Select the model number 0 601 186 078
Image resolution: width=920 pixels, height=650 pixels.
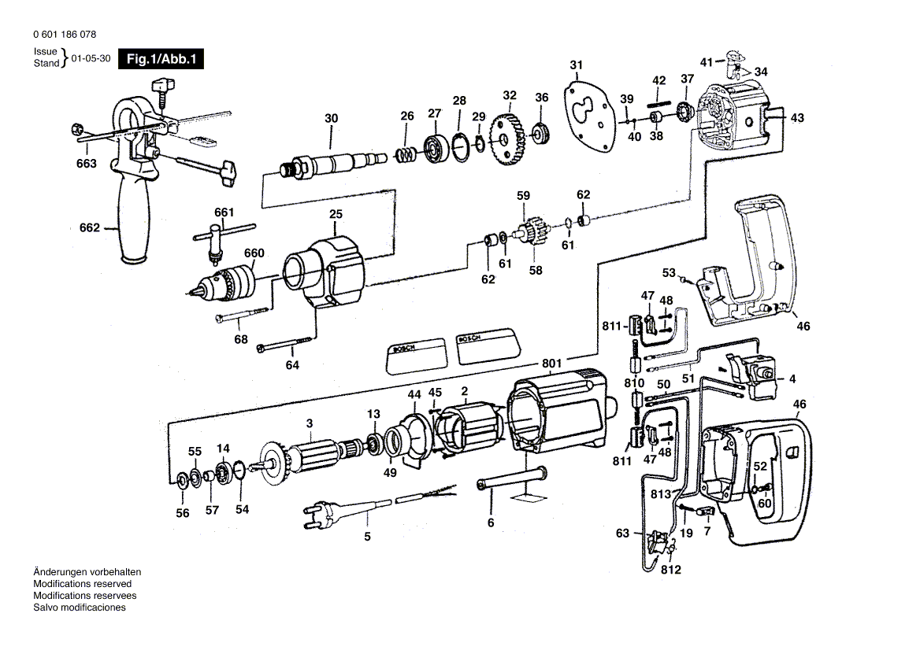click(x=66, y=35)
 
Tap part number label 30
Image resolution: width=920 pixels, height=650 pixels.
click(x=331, y=119)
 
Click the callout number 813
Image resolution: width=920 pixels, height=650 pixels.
click(x=660, y=493)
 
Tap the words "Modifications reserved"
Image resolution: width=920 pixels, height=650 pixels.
click(x=82, y=584)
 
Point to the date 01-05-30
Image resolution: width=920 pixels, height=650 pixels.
click(x=91, y=57)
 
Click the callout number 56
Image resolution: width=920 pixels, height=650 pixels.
click(x=183, y=513)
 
